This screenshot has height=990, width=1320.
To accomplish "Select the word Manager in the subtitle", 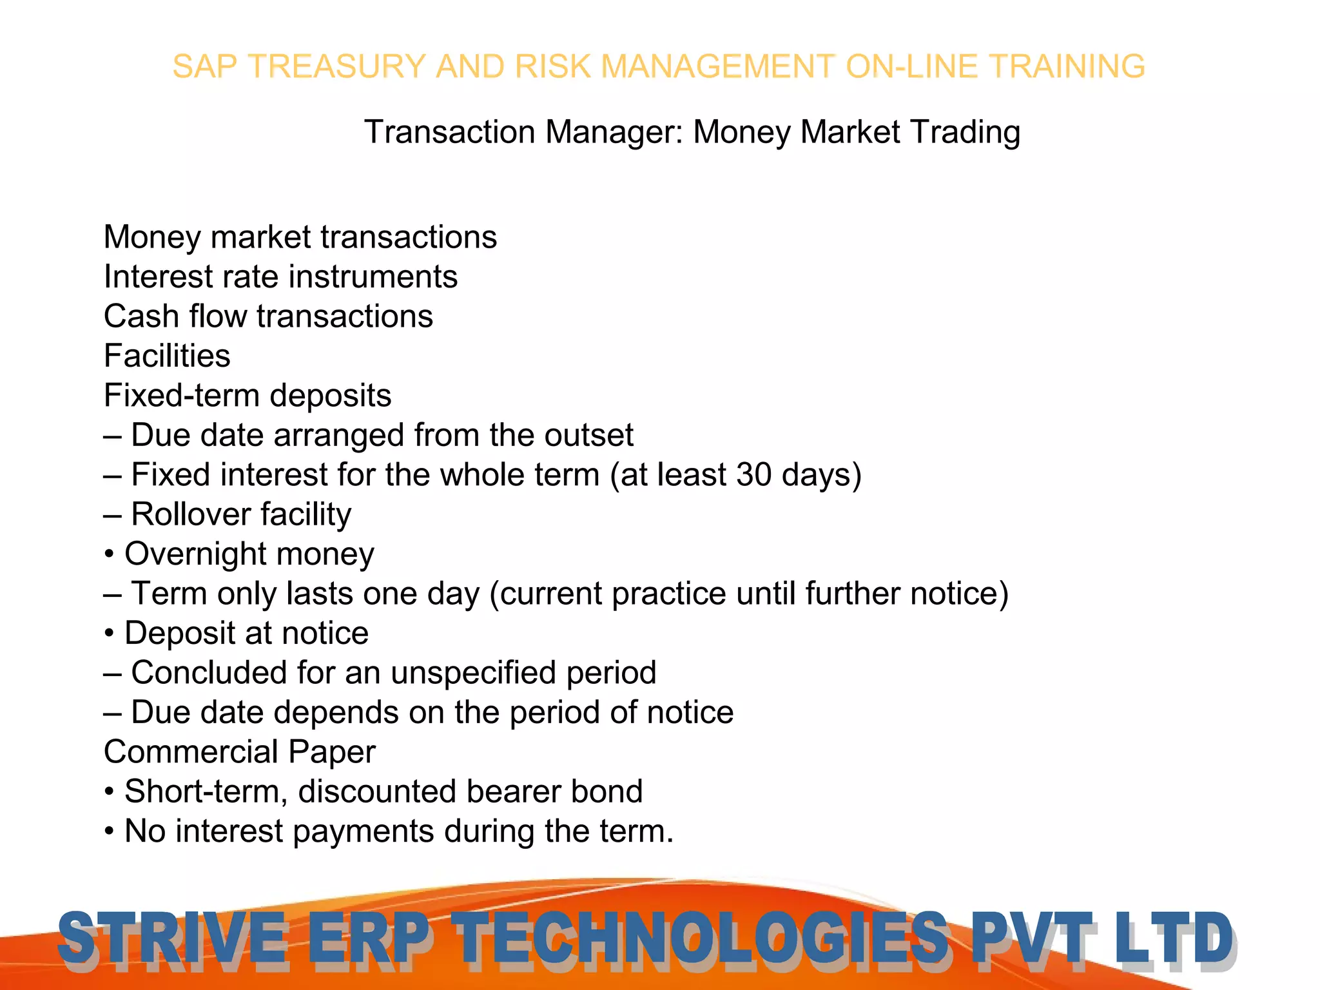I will click(x=614, y=132).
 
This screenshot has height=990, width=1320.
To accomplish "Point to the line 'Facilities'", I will click(x=167, y=356).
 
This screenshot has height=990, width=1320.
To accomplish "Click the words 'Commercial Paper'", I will click(x=239, y=752).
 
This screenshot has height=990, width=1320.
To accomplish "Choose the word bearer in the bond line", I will click(x=504, y=791).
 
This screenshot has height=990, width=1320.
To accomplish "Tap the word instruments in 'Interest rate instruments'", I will click(x=373, y=277).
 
